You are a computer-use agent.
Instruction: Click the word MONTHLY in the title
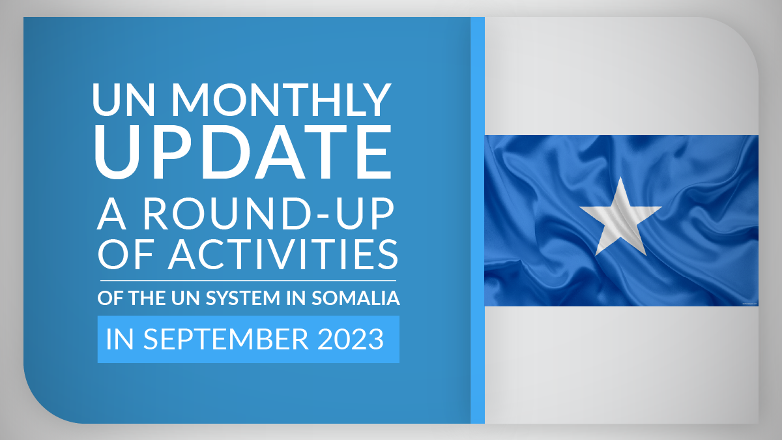click(x=282, y=100)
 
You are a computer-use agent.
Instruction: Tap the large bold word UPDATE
click(x=243, y=151)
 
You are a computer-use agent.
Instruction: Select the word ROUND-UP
click(x=268, y=214)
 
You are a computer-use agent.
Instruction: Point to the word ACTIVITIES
click(x=283, y=254)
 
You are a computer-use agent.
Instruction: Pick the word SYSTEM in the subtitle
click(x=242, y=299)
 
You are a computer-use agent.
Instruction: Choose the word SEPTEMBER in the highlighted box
click(x=226, y=339)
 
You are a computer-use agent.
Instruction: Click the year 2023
click(x=351, y=339)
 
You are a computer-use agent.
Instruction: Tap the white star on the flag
click(x=620, y=216)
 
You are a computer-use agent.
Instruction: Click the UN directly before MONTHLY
click(x=123, y=100)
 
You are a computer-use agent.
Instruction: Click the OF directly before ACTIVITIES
click(x=126, y=254)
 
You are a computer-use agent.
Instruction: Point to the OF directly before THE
click(x=110, y=299)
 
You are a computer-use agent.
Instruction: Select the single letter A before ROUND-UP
click(x=111, y=214)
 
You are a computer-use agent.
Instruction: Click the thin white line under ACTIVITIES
click(x=248, y=280)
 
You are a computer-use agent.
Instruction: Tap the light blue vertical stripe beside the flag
click(x=478, y=220)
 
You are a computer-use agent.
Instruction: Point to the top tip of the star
click(x=620, y=177)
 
